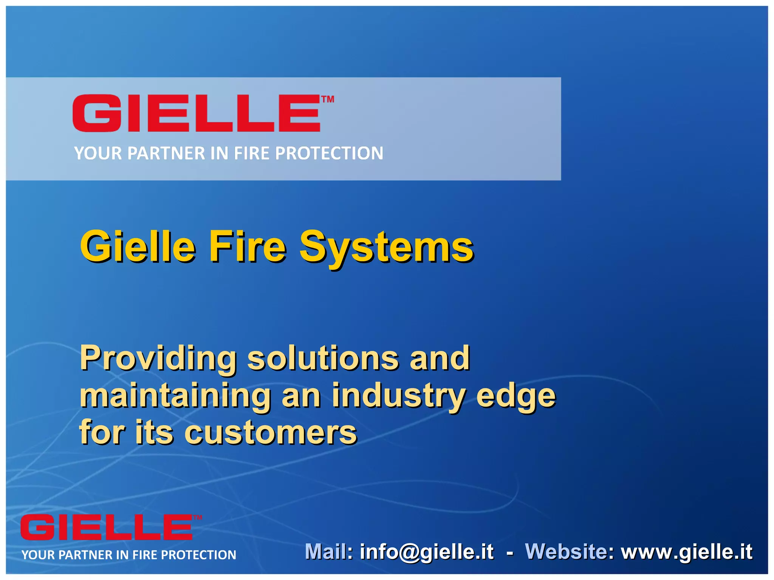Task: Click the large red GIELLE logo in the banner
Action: tap(197, 113)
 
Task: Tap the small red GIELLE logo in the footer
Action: tap(107, 528)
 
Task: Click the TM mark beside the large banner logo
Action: tap(328, 99)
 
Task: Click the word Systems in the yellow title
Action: tap(386, 247)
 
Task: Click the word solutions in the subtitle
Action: tap(323, 358)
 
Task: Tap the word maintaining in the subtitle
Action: tap(175, 395)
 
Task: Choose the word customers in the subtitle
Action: tap(271, 433)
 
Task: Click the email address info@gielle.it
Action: tap(427, 552)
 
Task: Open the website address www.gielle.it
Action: tap(687, 552)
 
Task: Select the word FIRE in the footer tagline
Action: tap(145, 555)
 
